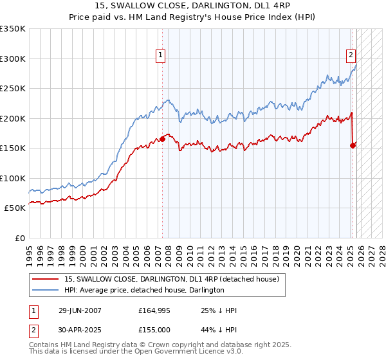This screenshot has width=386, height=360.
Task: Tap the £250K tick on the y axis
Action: click(13, 89)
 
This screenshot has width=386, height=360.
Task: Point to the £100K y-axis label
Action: click(13, 178)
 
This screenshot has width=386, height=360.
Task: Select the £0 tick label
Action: click(19, 238)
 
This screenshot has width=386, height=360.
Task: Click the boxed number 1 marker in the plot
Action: click(160, 56)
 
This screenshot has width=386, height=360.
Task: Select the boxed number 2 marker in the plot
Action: click(351, 56)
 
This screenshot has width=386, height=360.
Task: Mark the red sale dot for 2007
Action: click(162, 139)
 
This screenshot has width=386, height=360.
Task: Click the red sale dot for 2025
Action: click(353, 145)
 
